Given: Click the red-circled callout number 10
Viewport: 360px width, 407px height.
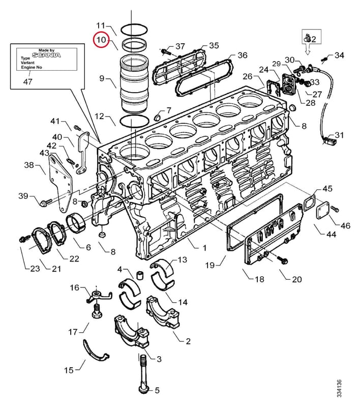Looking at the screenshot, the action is (x=101, y=40).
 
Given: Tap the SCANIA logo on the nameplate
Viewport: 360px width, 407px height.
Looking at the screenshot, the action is (x=46, y=55).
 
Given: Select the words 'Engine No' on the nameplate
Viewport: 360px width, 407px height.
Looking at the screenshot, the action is (x=32, y=67).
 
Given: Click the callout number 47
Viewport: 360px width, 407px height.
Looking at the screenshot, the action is (x=28, y=81).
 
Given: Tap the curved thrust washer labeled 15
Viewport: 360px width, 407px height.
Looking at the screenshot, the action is (x=95, y=351).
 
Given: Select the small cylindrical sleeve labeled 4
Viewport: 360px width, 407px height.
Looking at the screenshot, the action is (x=140, y=275).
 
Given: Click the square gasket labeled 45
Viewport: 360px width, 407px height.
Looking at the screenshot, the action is (x=309, y=203).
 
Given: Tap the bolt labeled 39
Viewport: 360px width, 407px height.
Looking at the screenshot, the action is (x=46, y=202).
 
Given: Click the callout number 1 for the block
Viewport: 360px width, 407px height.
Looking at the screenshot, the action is (x=204, y=248).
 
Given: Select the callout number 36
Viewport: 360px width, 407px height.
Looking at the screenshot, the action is (x=243, y=55).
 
